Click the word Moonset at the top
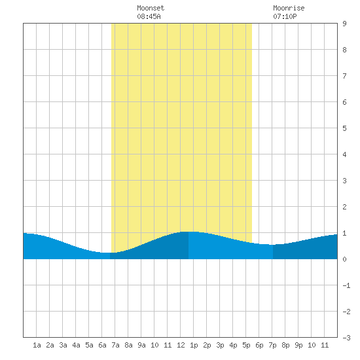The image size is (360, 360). click(x=151, y=8)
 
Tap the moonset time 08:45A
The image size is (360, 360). click(x=149, y=16)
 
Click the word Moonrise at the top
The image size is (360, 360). click(x=289, y=8)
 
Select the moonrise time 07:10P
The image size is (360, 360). click(x=285, y=16)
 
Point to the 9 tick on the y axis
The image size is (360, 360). click(x=344, y=24)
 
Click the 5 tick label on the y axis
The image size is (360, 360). click(x=344, y=128)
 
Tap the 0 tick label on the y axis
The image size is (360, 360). click(x=344, y=259)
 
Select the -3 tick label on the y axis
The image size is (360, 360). click(x=346, y=338)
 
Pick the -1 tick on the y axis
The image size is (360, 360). click(x=346, y=285)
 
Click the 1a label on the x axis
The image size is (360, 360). click(x=37, y=345)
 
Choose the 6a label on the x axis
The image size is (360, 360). click(x=102, y=345)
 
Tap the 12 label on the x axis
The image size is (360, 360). click(x=181, y=345)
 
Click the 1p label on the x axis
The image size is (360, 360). click(x=194, y=345)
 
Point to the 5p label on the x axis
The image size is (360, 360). click(x=246, y=345)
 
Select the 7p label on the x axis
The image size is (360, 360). click(x=272, y=345)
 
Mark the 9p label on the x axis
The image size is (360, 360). click(x=298, y=345)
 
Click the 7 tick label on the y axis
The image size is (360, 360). click(x=344, y=76)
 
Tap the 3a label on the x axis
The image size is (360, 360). click(x=63, y=345)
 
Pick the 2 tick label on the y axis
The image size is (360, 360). click(x=344, y=207)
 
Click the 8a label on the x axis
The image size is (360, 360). click(x=128, y=345)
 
